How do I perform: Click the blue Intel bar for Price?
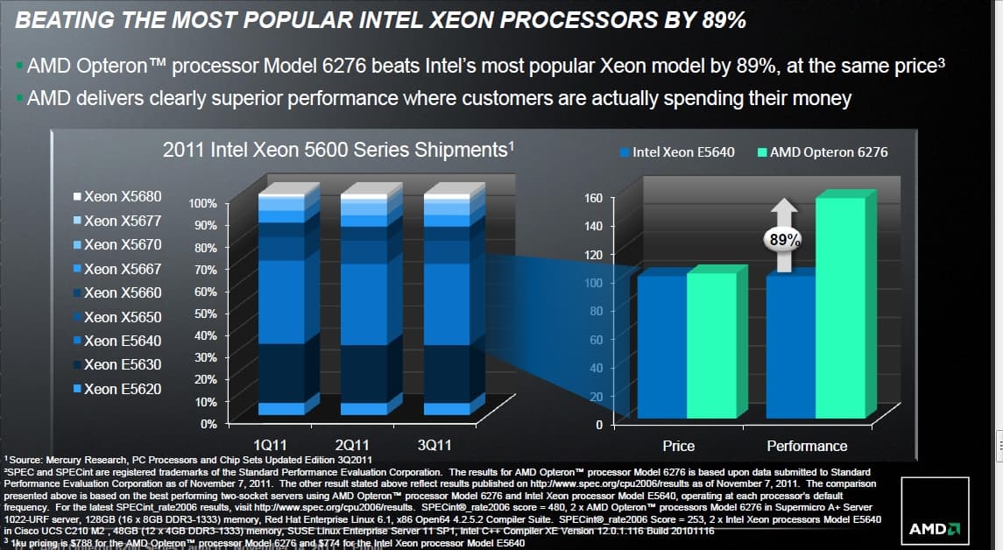point(661,345)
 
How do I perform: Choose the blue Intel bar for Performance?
point(790,345)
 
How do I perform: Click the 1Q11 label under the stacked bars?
point(269,445)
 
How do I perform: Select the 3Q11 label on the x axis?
point(434,445)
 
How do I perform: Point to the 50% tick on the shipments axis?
point(204,314)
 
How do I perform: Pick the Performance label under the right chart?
point(807,446)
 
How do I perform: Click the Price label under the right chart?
point(679,446)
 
